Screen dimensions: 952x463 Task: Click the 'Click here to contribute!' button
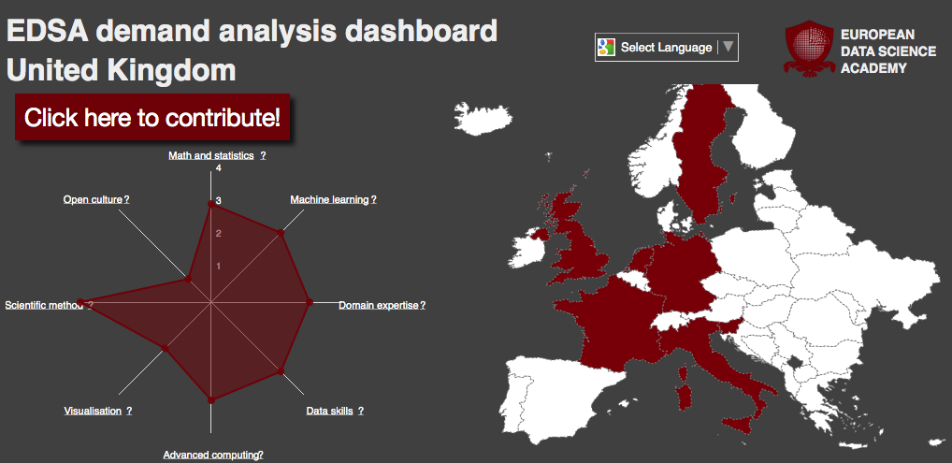[152, 117]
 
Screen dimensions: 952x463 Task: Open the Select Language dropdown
[667, 48]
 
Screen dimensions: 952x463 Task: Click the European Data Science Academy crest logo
[809, 49]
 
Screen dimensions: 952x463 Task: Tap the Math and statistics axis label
[210, 155]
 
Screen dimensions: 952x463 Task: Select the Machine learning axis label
[329, 199]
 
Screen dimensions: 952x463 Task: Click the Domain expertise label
[378, 305]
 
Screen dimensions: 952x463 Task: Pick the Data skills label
[329, 411]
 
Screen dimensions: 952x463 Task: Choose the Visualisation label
[93, 411]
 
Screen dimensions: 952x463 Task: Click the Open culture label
[93, 199]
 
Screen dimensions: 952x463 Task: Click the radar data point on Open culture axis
[188, 279]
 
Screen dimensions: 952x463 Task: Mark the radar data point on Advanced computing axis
[211, 399]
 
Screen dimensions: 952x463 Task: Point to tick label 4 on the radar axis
[219, 168]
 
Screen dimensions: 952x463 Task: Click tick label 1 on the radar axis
[219, 267]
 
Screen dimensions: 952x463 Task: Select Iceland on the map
[483, 118]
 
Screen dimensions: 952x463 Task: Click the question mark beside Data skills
[361, 411]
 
